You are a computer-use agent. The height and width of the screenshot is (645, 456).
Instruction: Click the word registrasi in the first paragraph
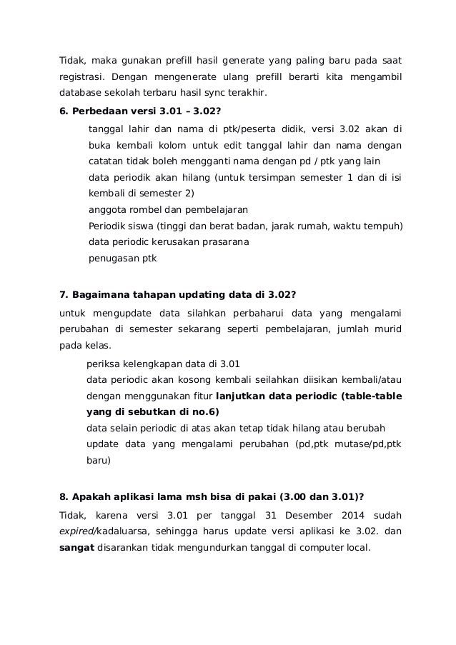pos(81,74)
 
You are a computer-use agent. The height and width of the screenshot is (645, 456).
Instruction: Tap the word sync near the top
pos(227,92)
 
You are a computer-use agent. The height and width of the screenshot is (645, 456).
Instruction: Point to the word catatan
pos(104,162)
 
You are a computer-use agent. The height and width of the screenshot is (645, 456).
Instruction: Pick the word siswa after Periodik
pos(147,226)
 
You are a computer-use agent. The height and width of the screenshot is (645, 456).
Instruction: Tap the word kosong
pos(190,380)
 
